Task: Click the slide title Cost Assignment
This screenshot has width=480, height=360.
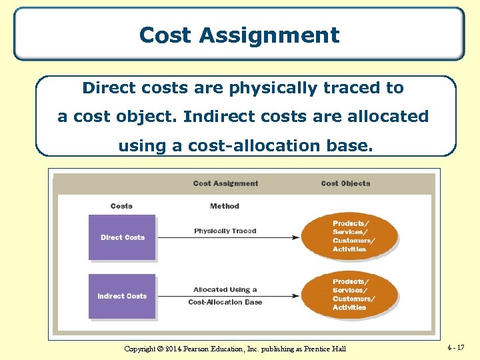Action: tap(239, 35)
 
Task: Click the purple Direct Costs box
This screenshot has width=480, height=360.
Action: tap(122, 237)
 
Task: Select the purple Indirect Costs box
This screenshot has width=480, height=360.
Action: tap(122, 296)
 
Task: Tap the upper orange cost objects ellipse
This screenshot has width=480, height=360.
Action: tap(350, 236)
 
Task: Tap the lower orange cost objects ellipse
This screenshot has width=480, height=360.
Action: tap(350, 295)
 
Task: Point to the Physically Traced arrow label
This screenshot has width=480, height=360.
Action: tap(225, 231)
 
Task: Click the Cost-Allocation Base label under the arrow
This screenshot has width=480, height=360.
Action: tap(225, 303)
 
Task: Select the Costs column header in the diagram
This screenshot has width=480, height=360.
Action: tap(121, 206)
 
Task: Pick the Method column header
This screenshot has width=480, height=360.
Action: tap(225, 206)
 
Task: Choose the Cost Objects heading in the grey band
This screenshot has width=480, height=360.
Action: tap(345, 183)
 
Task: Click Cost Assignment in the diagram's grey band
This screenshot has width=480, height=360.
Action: tap(226, 183)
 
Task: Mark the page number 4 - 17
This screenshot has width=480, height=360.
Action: tap(457, 347)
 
